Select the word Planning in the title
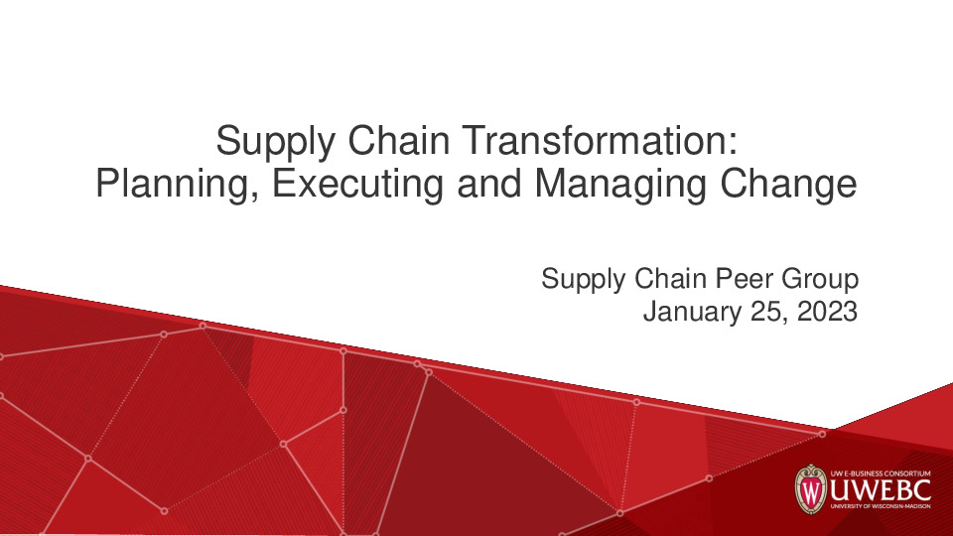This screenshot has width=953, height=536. tap(169, 185)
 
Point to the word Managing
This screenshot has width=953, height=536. tap(621, 185)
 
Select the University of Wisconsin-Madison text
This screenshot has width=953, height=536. tap(878, 511)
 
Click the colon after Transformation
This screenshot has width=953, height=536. tap(732, 145)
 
